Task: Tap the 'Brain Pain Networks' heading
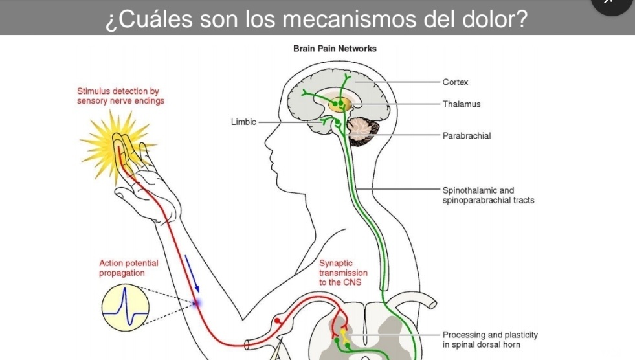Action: [335, 49]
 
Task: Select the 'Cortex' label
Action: [455, 82]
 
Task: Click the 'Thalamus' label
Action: [462, 104]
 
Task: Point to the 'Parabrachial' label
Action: [467, 136]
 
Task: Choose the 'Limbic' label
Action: [243, 122]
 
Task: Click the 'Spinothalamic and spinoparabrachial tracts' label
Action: [488, 196]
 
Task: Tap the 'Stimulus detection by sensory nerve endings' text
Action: [120, 96]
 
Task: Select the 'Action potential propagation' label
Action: [128, 268]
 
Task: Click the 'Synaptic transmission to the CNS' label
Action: [343, 273]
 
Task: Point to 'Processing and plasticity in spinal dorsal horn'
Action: [490, 339]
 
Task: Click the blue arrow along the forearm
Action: [192, 273]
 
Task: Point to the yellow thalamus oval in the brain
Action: [339, 104]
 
